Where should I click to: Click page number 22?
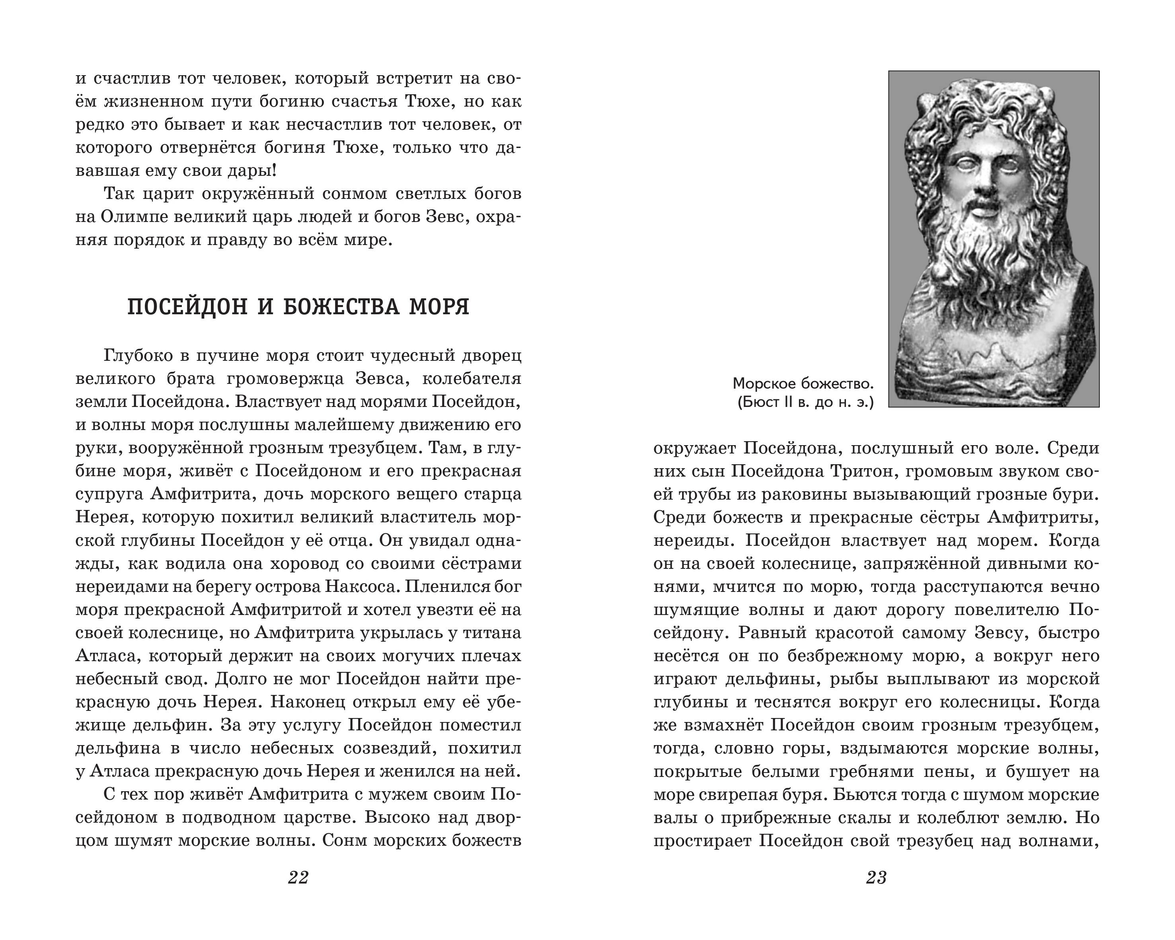point(298,877)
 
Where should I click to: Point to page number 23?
point(876,877)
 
